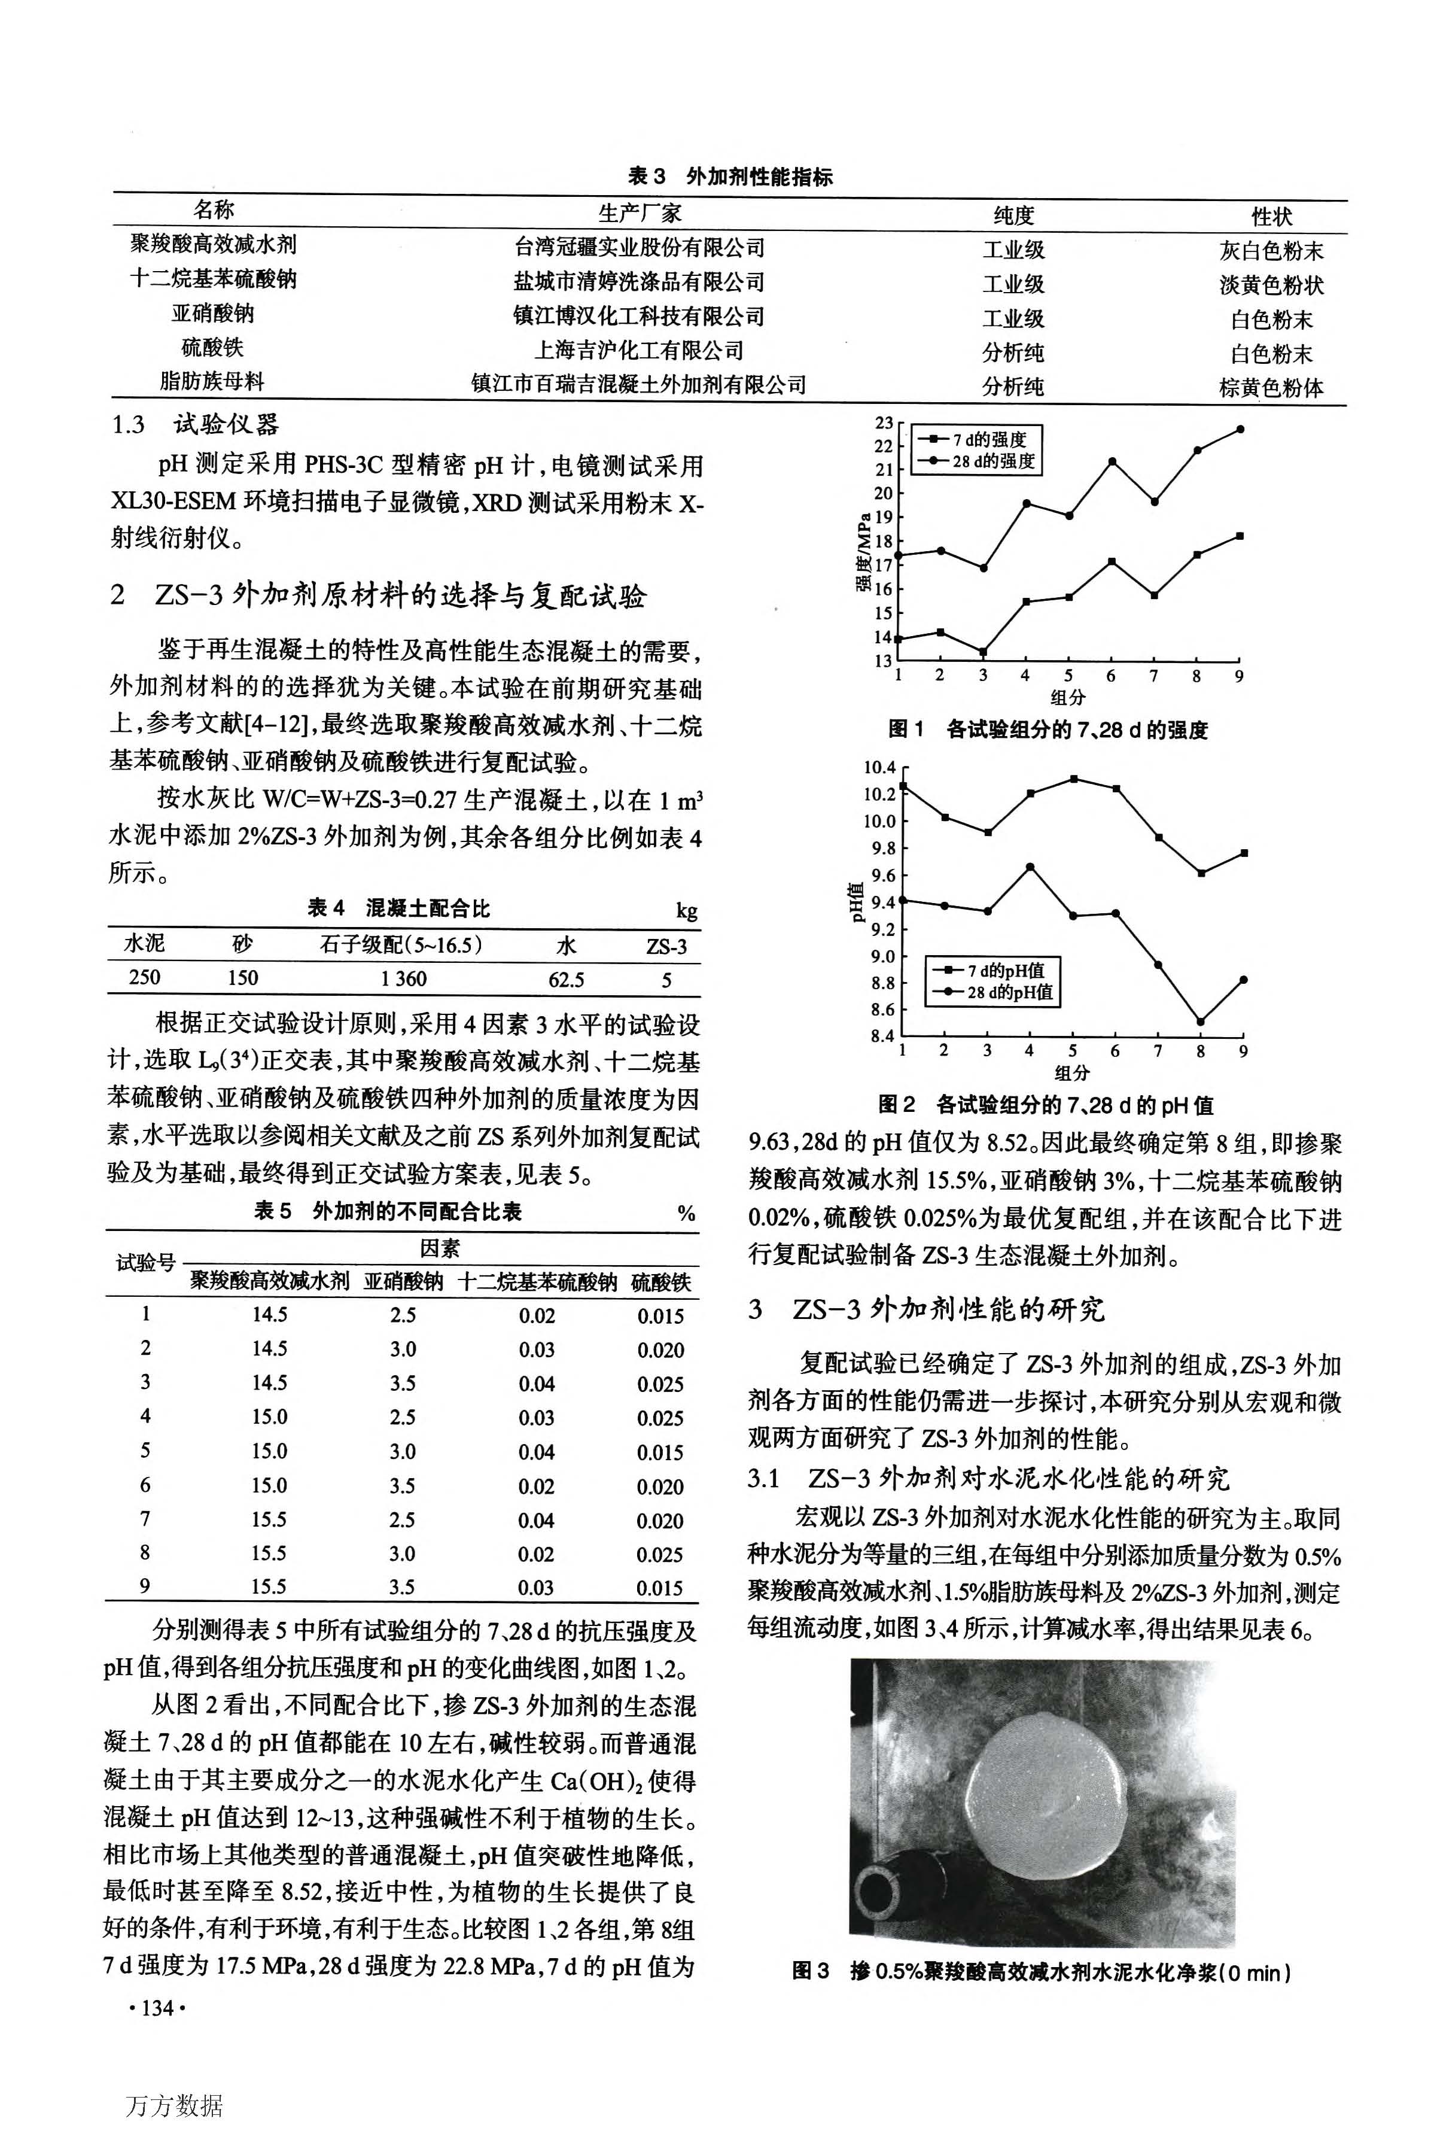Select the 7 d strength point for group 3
tap(983, 652)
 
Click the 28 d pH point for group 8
tap(1200, 1022)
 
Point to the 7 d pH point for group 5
tap(1073, 779)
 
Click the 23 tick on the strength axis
tap(884, 423)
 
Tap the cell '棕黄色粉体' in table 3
tap(1271, 388)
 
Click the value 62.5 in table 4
tap(566, 980)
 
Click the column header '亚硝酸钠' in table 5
tap(403, 1282)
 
